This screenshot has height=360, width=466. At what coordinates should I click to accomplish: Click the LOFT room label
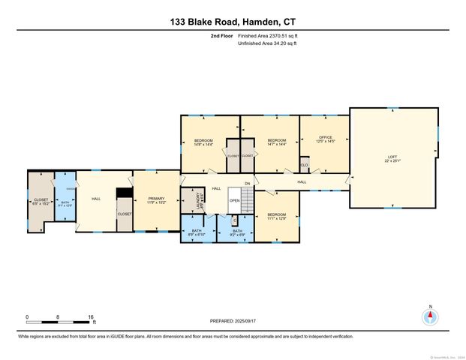point(393,158)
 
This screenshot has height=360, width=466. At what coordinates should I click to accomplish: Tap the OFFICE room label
point(324,139)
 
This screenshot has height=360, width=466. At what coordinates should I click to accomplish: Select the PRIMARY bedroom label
point(157,199)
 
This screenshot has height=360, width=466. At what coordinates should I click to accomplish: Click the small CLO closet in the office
point(305,164)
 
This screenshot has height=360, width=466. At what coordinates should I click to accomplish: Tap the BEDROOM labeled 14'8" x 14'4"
point(203,142)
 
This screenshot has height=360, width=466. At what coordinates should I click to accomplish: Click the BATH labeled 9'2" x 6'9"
point(236,232)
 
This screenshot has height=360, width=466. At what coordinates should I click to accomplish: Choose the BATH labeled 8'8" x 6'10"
point(197,232)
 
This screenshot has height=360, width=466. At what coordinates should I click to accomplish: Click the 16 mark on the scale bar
point(91,316)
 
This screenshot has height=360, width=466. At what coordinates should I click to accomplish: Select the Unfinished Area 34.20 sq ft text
point(268,43)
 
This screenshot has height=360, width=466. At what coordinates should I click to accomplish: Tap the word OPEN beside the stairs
point(234,201)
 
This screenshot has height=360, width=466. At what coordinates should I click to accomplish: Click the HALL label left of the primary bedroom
point(96,199)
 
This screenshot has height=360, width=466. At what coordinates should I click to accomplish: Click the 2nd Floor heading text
point(221,35)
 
